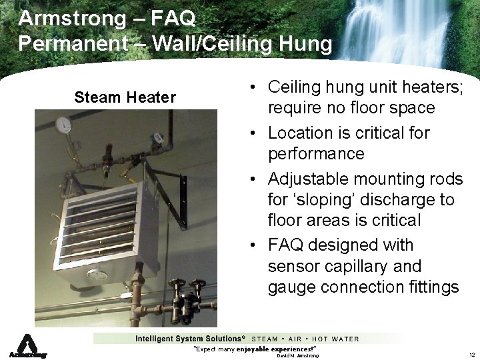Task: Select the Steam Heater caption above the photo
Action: click(x=125, y=97)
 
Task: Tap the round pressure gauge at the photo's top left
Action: click(x=64, y=125)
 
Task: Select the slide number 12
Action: click(x=471, y=355)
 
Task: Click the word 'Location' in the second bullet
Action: click(x=299, y=133)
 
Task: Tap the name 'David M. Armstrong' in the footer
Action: click(x=298, y=356)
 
